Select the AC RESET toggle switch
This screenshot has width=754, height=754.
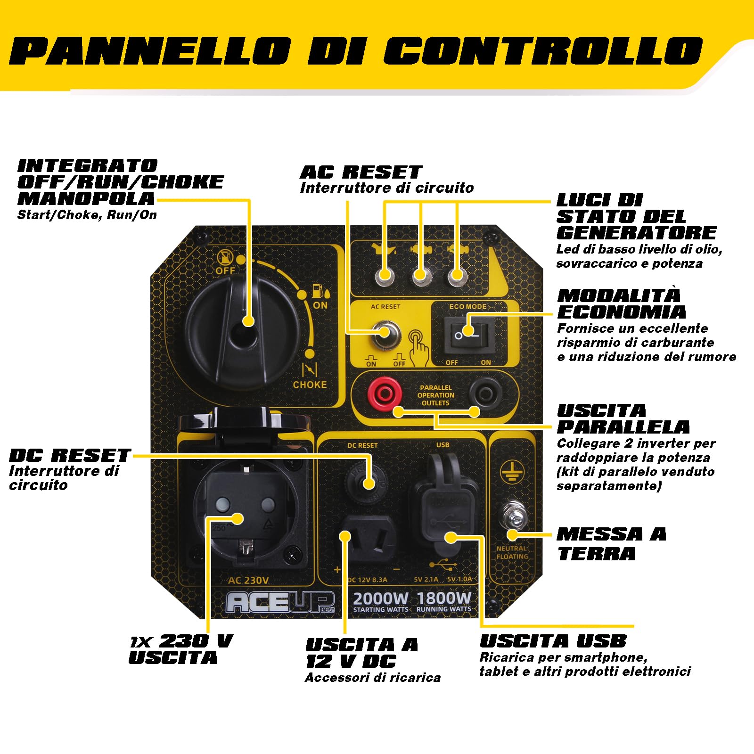(x=385, y=332)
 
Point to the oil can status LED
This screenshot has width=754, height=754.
(x=385, y=276)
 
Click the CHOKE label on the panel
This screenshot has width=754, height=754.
(x=310, y=385)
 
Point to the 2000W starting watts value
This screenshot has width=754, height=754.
(x=380, y=598)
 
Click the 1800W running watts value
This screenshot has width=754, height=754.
(x=443, y=598)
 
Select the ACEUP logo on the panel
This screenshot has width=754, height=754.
(x=280, y=602)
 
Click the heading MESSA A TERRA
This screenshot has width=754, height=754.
(x=611, y=544)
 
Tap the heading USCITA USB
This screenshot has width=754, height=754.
(x=553, y=641)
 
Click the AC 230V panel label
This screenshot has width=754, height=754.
(x=248, y=580)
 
